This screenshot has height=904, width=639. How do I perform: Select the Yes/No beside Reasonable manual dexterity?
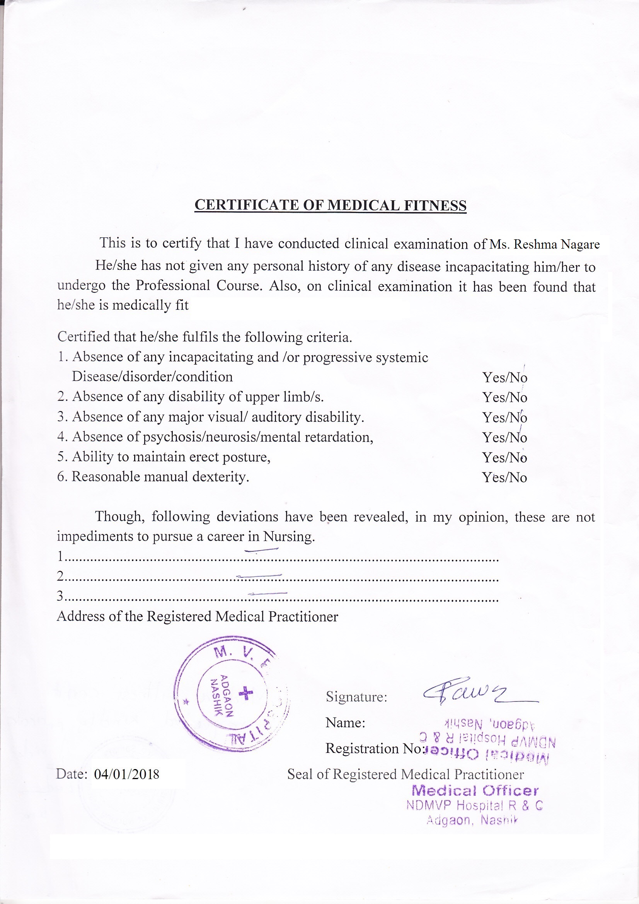[x=504, y=478]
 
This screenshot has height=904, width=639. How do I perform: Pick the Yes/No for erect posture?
[x=504, y=457]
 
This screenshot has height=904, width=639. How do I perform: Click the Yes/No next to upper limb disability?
[x=504, y=397]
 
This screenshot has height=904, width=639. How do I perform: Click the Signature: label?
[x=356, y=697]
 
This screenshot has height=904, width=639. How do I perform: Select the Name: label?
[x=345, y=723]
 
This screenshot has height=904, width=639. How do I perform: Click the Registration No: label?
[x=373, y=749]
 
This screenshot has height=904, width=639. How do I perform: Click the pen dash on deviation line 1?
[x=261, y=550]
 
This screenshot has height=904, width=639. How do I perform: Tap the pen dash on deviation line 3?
[x=268, y=593]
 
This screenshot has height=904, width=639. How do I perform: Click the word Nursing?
[x=288, y=537]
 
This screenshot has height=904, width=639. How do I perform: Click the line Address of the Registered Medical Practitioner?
[x=197, y=616]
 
